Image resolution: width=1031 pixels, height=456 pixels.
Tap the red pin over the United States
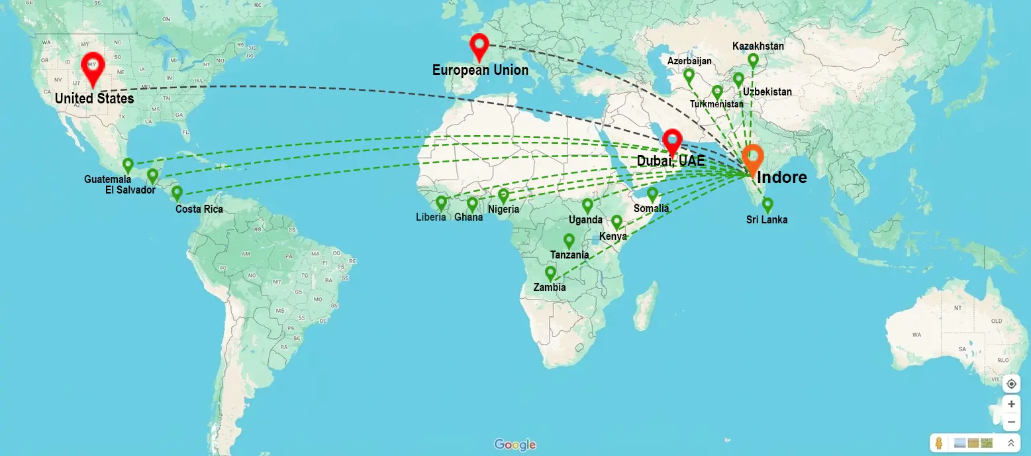(x=93, y=66)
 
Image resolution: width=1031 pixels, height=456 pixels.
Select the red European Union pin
(x=479, y=46)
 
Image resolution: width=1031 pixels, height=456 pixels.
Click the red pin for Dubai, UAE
(x=673, y=141)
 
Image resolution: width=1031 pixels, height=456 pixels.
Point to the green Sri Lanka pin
(x=767, y=204)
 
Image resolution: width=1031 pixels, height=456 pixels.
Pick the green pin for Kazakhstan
(x=753, y=60)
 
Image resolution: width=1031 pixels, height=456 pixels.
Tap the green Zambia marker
(x=550, y=272)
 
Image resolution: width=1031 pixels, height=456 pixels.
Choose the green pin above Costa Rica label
(x=177, y=192)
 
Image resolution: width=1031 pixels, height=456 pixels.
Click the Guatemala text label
(x=107, y=179)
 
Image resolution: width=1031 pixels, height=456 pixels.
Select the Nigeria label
(x=503, y=209)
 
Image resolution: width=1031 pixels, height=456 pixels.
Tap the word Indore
(x=782, y=178)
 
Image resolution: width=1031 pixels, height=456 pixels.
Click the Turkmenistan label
(x=716, y=104)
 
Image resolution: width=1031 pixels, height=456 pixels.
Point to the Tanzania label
(x=569, y=255)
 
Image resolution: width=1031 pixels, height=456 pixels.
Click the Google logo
(x=515, y=445)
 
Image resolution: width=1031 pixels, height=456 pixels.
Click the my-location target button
(x=1010, y=384)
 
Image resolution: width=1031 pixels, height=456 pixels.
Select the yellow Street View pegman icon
(x=938, y=443)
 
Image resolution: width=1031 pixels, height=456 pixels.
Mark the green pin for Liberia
(x=441, y=202)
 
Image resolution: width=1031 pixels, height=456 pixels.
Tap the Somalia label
(x=651, y=208)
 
